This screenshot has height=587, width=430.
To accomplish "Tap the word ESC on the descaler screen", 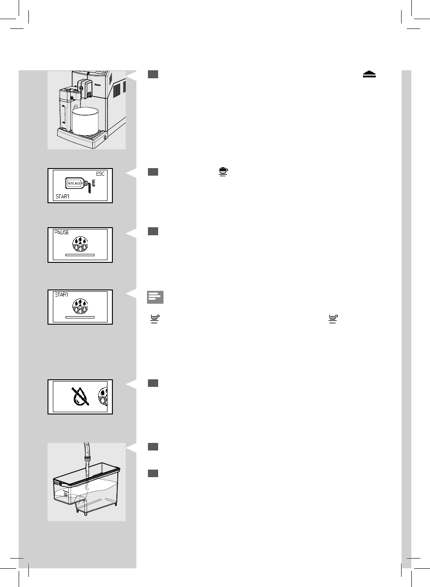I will point(100,174).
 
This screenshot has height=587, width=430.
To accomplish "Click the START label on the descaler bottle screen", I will point(62,197).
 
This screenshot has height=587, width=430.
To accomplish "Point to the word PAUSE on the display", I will point(62,233).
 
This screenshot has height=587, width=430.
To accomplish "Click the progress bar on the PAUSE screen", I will point(80,255).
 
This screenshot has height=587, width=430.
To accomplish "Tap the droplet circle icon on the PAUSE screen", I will point(80,244).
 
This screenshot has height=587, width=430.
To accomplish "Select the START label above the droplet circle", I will point(61,295).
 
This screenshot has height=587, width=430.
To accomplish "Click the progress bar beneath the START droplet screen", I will point(80,317).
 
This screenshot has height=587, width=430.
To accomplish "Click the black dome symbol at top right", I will point(369,74).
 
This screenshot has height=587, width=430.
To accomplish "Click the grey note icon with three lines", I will point(155,297).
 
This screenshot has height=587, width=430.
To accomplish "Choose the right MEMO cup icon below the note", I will point(332,318).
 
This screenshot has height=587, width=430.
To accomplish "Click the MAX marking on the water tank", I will point(56,482).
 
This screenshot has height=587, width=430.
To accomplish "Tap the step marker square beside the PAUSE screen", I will point(153,231).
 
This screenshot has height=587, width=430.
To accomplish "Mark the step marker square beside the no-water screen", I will point(153,383).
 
